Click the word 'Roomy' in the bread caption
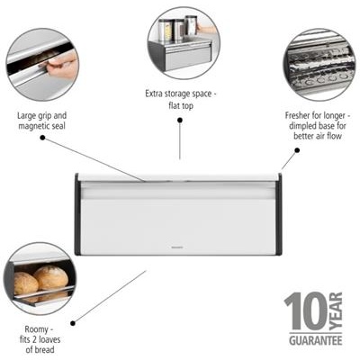(x=36, y=329)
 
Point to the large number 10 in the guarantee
(x=306, y=311)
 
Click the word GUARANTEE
(x=316, y=341)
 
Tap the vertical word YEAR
(x=336, y=311)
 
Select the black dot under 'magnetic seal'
(x=42, y=138)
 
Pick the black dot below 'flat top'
(x=180, y=120)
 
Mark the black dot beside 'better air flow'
(x=297, y=150)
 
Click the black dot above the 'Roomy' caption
(x=73, y=323)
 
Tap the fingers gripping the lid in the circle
(x=61, y=66)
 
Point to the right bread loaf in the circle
(x=51, y=278)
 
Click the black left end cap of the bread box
(x=77, y=214)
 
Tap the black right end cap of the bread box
(x=278, y=214)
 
